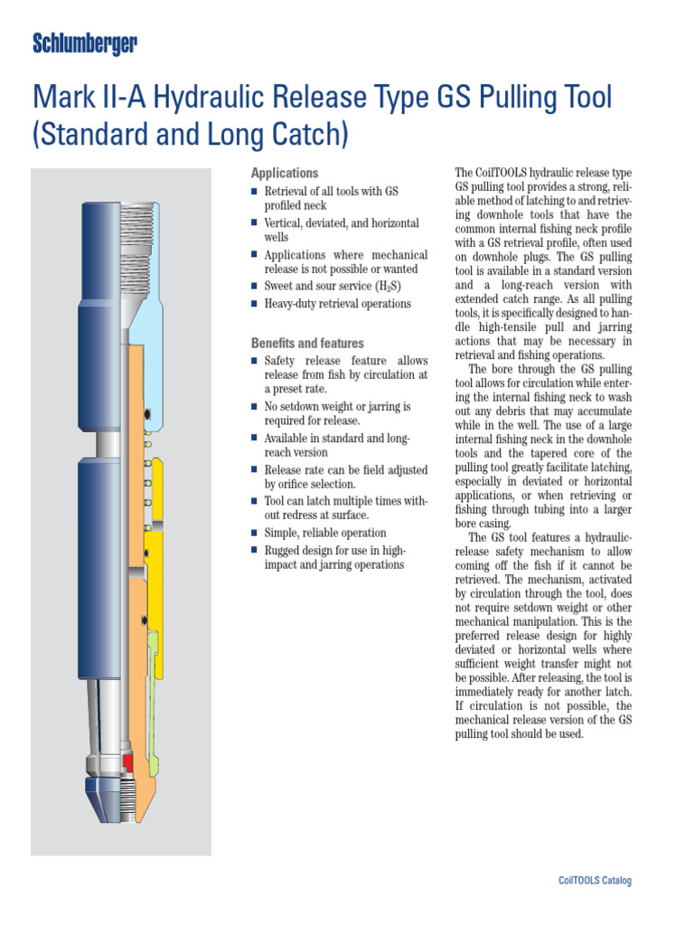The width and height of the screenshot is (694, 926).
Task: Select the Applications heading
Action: tap(284, 173)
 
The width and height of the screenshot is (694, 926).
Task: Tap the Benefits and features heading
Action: tap(307, 344)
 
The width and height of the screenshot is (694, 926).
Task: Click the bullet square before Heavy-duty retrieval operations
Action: tap(255, 304)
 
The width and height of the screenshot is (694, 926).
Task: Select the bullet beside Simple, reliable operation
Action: tap(255, 534)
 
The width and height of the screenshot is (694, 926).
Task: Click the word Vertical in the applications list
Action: tap(286, 222)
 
